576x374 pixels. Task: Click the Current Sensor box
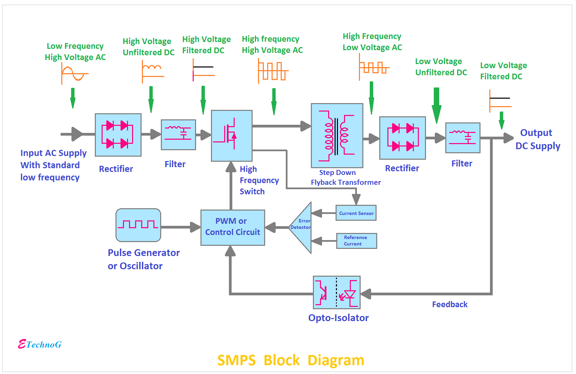[356, 213]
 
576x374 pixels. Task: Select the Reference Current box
[357, 241]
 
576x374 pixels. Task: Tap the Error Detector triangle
[300, 228]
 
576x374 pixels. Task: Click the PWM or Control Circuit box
[233, 228]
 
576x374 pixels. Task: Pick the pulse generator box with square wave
[138, 225]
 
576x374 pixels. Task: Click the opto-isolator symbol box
[337, 292]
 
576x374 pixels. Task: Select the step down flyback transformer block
[337, 136]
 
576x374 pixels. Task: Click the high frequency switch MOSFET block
[232, 136]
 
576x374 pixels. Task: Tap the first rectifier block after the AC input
[118, 135]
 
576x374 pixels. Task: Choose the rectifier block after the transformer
[402, 138]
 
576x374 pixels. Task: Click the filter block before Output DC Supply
[463, 138]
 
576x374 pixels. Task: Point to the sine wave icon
[75, 74]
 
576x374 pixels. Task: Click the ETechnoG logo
[40, 344]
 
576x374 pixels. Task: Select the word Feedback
[449, 304]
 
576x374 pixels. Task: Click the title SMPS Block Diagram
[291, 360]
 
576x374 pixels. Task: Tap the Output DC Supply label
[538, 139]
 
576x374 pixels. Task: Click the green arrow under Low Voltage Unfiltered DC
[436, 106]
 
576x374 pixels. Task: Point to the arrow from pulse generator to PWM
[181, 227]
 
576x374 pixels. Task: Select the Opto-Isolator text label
[338, 318]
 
